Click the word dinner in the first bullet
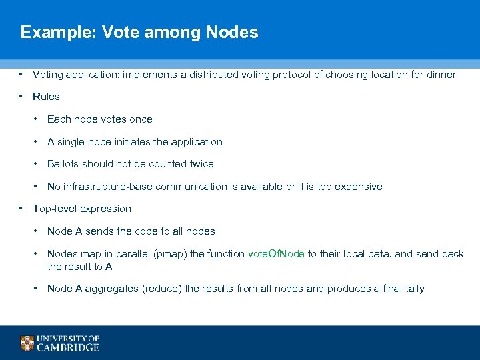click(x=440, y=75)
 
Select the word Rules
click(x=46, y=97)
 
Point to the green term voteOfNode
click(x=276, y=254)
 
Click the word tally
click(x=413, y=289)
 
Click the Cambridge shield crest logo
click(x=27, y=343)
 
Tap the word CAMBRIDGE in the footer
click(x=69, y=347)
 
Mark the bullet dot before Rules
click(x=22, y=97)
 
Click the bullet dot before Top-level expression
click(x=22, y=209)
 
